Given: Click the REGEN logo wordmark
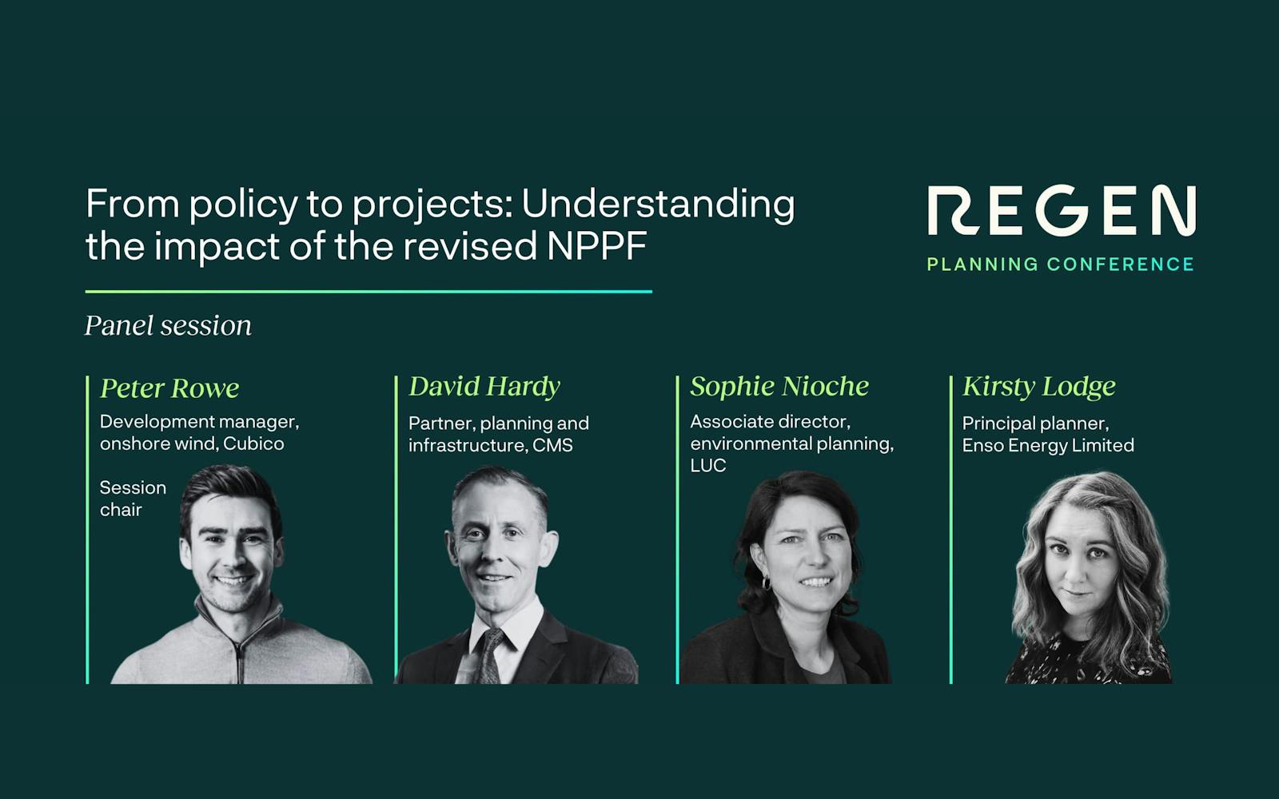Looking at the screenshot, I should [x=1061, y=211].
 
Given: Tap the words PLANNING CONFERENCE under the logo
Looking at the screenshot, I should [x=1060, y=264].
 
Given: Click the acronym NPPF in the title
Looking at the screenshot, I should [x=596, y=246].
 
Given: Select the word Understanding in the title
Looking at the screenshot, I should [x=658, y=205].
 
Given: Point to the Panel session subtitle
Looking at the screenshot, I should [x=168, y=326].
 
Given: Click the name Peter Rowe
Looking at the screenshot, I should [x=169, y=388].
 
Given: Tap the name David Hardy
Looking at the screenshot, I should [x=484, y=387].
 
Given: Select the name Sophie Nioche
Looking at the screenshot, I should [x=779, y=387].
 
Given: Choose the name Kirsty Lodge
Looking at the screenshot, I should [x=1038, y=387].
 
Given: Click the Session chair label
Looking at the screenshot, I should [x=133, y=499].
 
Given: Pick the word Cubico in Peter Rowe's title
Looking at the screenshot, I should [x=253, y=444].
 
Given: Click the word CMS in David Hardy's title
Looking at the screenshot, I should [x=552, y=446].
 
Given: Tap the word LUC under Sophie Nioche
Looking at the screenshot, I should [x=707, y=466].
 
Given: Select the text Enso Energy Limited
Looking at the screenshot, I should [x=1048, y=446].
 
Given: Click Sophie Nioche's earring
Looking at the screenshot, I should [x=766, y=583].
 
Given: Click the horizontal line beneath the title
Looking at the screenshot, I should [x=369, y=292].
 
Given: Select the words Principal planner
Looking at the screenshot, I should [x=1035, y=423].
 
